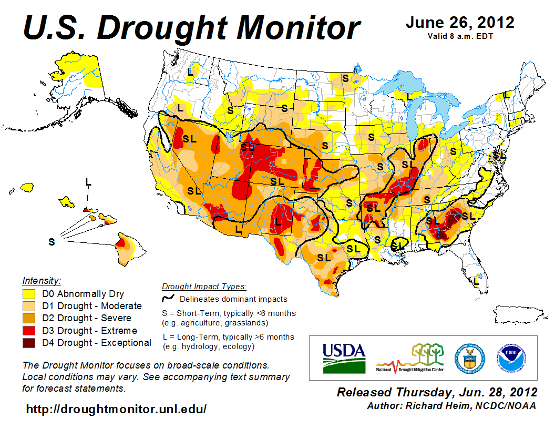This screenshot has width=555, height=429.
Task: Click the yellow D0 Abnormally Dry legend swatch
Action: click(x=29, y=294)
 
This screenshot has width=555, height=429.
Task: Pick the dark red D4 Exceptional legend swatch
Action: click(x=29, y=343)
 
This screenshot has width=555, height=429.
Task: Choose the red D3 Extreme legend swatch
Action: click(x=29, y=331)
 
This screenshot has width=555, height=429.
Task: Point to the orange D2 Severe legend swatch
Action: click(x=29, y=318)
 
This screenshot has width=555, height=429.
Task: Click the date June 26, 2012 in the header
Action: click(x=460, y=23)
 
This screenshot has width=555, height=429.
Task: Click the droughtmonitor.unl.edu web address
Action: click(x=116, y=408)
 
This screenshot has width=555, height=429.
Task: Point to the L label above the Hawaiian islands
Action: click(x=88, y=182)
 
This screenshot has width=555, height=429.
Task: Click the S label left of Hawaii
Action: click(x=52, y=242)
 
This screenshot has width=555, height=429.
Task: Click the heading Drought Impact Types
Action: click(x=204, y=287)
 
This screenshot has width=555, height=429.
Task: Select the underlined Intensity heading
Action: click(x=42, y=281)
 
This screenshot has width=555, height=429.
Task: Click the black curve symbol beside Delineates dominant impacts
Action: click(x=168, y=299)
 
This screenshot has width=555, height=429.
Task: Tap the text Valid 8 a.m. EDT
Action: click(x=460, y=36)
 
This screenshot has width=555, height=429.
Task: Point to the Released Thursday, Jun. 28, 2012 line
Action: click(x=437, y=392)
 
